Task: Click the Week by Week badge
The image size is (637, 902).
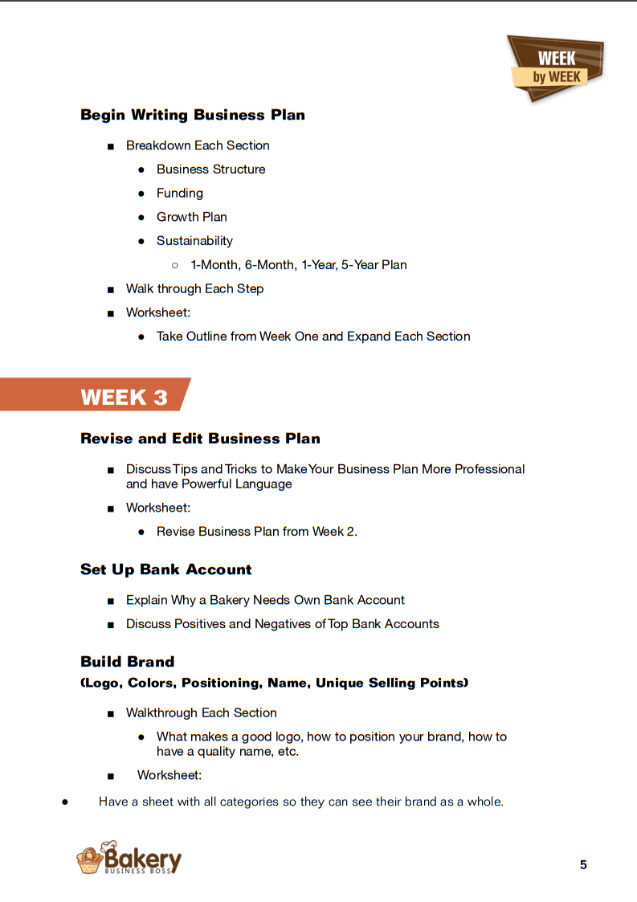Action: (556, 67)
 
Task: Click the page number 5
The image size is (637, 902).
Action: (583, 864)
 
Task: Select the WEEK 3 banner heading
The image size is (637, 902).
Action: (125, 397)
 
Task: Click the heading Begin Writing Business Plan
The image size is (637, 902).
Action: (193, 115)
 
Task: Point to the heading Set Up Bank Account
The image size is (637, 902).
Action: (166, 569)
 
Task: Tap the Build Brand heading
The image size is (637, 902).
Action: (128, 662)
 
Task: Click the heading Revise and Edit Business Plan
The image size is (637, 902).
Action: (200, 439)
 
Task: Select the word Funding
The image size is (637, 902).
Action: (180, 193)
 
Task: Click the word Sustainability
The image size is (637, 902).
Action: (194, 241)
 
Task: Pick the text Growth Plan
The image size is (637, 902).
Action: (192, 217)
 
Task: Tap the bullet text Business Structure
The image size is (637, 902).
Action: (210, 169)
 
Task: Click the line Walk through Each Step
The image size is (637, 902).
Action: (194, 288)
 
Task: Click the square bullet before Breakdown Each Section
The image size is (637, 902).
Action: (110, 146)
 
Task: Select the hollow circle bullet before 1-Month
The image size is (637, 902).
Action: (174, 265)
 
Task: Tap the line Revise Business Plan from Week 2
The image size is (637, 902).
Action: (256, 532)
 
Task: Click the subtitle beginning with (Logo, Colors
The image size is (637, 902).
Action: (274, 683)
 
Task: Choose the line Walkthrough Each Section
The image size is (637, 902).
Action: (201, 712)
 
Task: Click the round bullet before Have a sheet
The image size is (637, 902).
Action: (64, 802)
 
